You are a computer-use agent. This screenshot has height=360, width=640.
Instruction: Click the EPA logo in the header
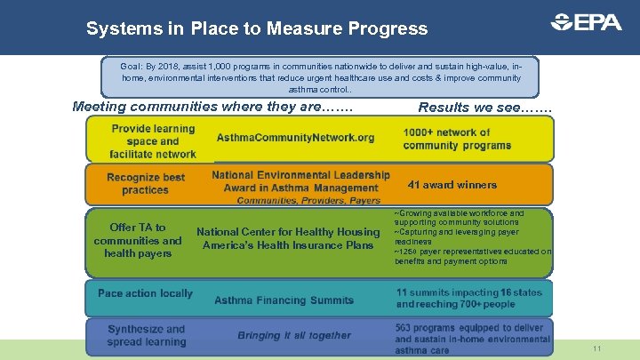point(586,22)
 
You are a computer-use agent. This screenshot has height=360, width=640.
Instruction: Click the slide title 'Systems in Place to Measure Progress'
point(257,28)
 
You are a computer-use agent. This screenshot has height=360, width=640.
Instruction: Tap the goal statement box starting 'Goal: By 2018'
point(319,77)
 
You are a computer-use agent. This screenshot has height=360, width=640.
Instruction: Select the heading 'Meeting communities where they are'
point(212,108)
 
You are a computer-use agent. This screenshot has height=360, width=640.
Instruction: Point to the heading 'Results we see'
point(484,108)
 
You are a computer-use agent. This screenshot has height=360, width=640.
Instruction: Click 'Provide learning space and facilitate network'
point(153,141)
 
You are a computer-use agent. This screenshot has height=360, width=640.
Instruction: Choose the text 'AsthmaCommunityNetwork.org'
point(295,138)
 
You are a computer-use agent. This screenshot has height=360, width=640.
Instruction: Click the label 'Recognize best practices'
point(146,184)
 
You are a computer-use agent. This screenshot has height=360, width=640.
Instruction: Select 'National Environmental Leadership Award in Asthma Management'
point(300,181)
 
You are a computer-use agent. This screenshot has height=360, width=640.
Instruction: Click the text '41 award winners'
point(452,185)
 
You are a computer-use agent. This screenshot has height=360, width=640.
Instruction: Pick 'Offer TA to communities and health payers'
point(138,240)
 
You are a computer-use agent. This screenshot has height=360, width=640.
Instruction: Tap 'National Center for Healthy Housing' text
point(288,232)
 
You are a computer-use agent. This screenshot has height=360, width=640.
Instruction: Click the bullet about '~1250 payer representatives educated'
point(472,256)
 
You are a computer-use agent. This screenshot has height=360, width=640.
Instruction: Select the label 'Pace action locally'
point(145,293)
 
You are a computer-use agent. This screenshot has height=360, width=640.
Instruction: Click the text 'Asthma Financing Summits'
point(284,300)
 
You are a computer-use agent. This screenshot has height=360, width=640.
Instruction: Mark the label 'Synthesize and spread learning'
point(147,335)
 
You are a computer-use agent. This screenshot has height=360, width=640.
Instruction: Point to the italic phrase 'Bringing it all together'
point(293,335)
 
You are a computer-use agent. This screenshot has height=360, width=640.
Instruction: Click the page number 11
point(596,349)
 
